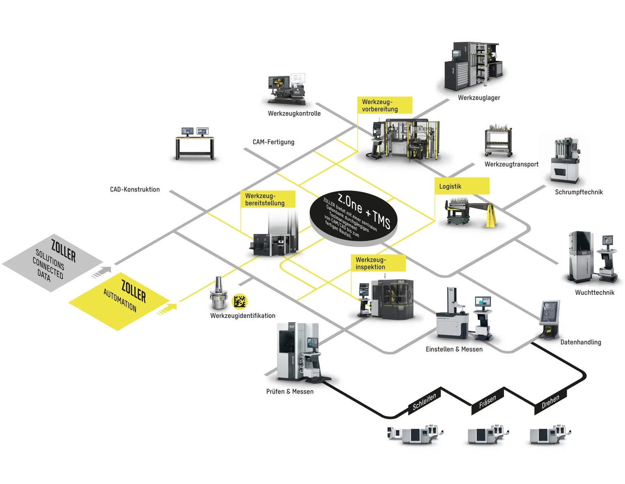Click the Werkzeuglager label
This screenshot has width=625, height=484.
479,98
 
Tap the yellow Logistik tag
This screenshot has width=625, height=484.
462,186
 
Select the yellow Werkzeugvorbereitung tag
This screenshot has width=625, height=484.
384,105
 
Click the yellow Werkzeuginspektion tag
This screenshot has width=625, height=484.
378,263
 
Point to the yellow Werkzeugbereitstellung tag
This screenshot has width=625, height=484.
267,199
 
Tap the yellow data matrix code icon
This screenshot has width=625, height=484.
239,301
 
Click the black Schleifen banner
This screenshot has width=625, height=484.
424,402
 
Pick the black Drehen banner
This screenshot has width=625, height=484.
550,402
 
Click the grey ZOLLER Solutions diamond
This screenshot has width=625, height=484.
53,262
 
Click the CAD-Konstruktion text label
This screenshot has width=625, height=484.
135,189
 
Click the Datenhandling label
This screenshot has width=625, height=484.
581,342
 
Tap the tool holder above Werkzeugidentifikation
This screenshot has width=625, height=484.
218,294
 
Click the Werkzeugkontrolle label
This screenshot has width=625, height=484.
294,114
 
